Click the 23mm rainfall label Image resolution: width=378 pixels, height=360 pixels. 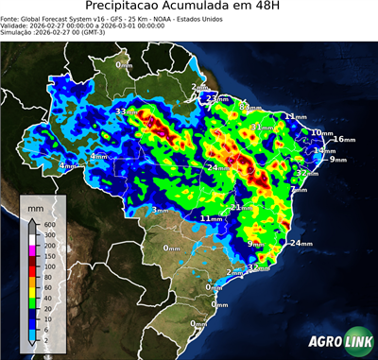(x=217, y=97)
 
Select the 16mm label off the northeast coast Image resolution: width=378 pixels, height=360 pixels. (x=343, y=140)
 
